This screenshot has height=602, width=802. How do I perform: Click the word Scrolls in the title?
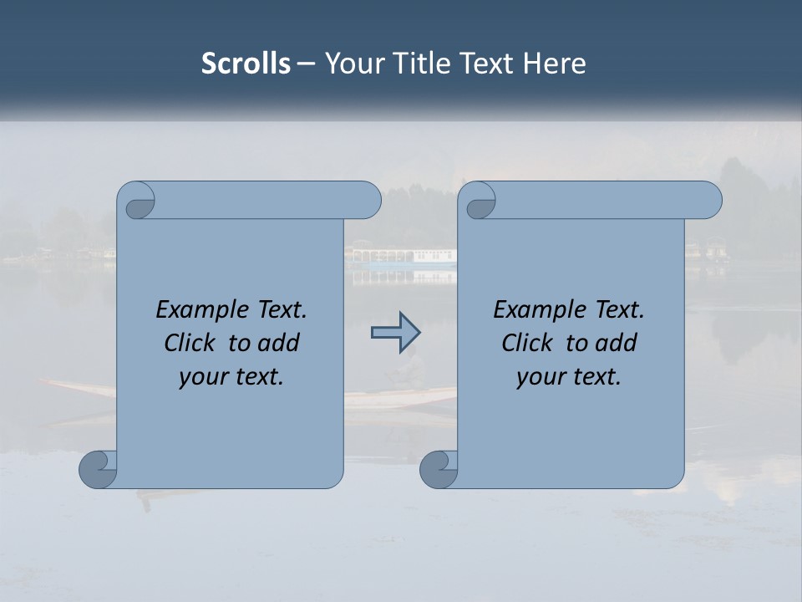(x=246, y=64)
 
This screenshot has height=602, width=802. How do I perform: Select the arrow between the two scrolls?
(x=395, y=333)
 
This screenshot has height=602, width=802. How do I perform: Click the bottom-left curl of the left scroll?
(x=99, y=469)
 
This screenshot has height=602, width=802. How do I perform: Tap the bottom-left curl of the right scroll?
(x=439, y=469)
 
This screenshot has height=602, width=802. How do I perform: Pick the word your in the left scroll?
(x=200, y=377)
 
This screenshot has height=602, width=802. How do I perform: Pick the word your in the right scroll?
(x=538, y=377)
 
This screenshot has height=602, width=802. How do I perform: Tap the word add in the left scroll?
(x=280, y=343)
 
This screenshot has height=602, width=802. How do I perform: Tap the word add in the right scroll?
(x=617, y=343)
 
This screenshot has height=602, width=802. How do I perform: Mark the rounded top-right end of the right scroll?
(x=708, y=200)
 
